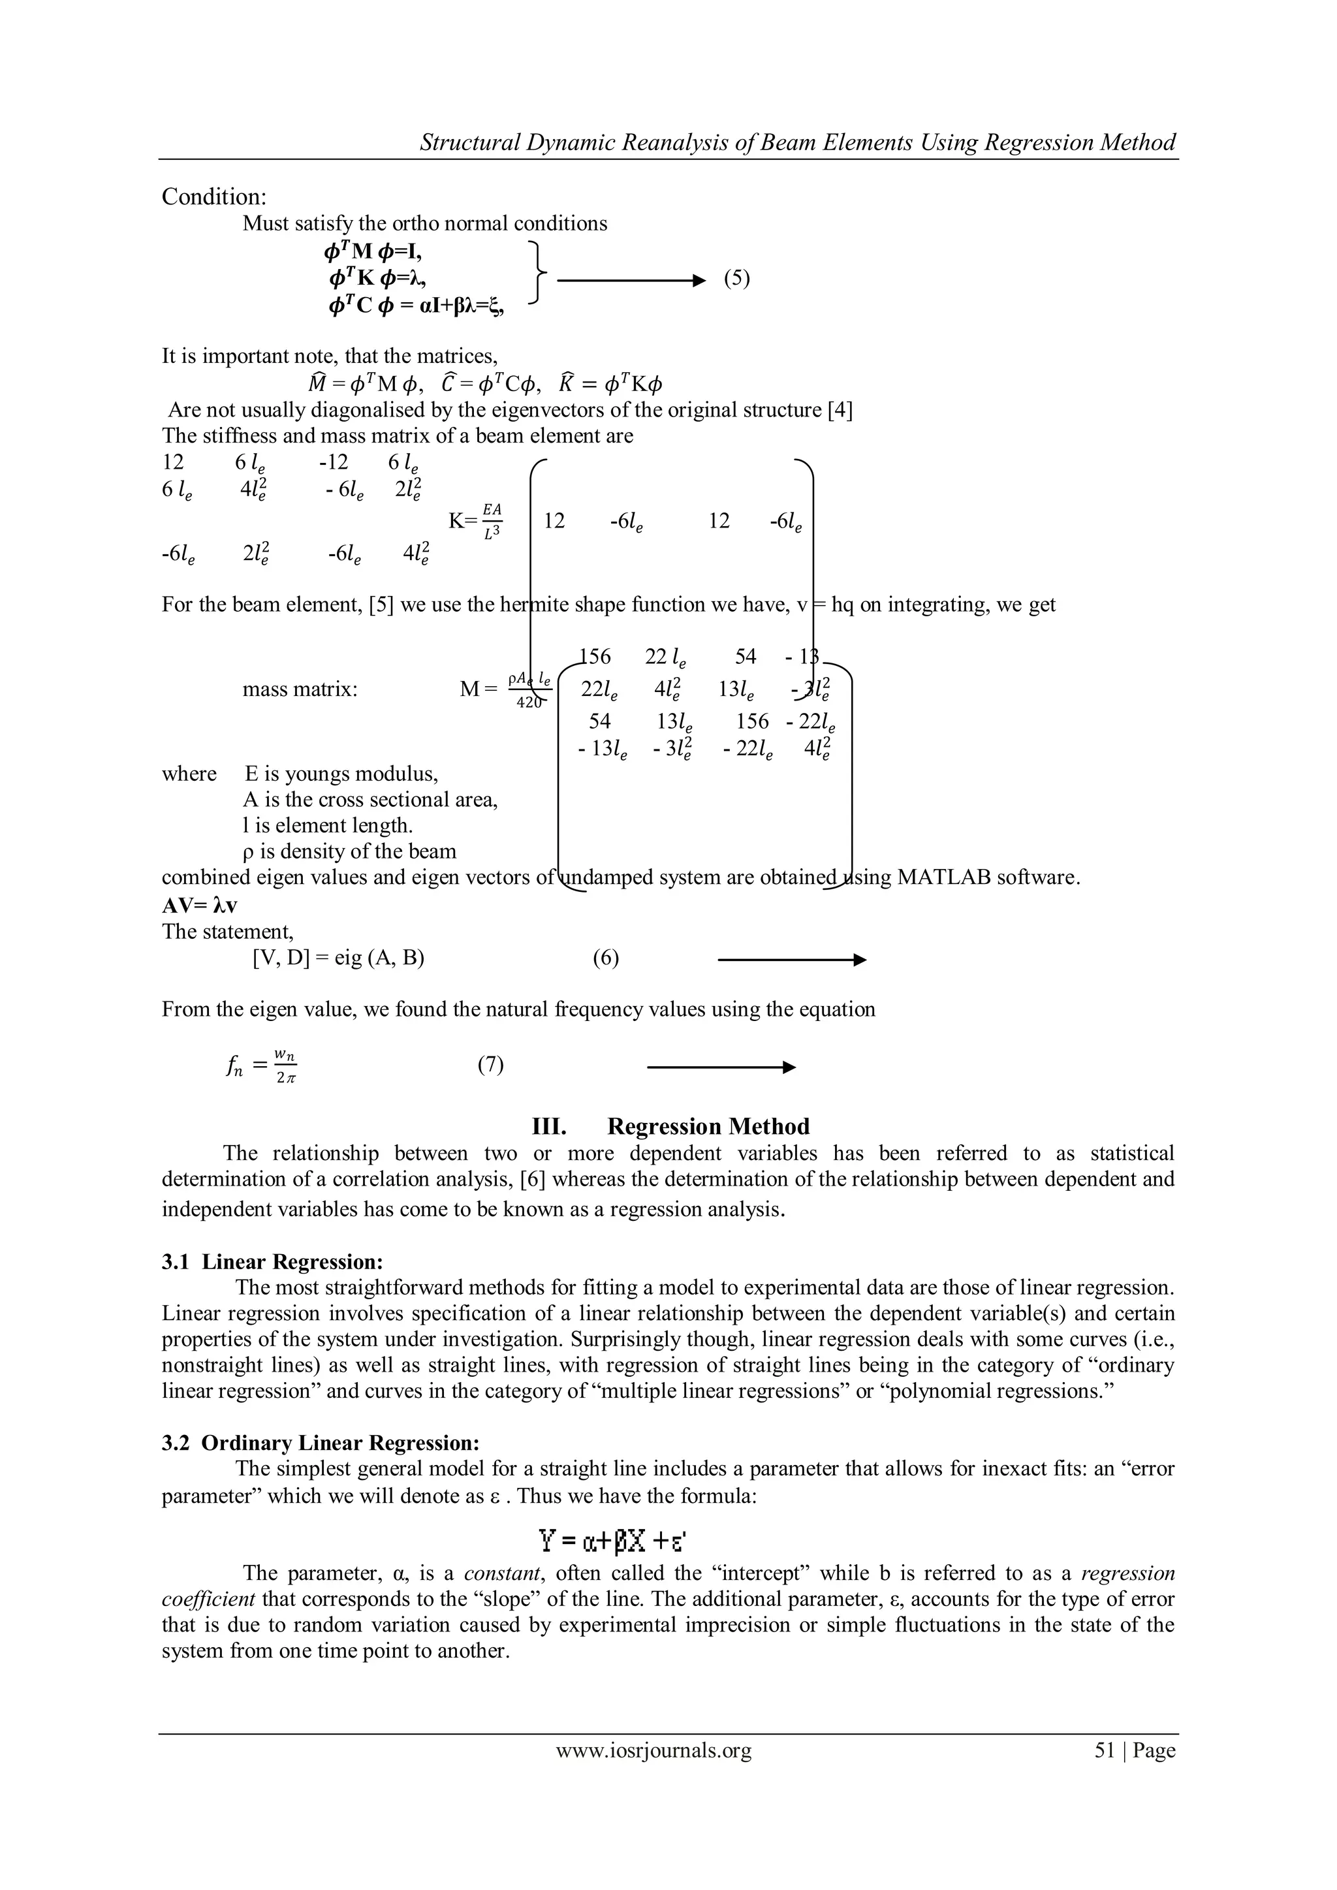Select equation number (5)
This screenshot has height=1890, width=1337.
pyautogui.click(x=737, y=278)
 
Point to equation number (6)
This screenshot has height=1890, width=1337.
pyautogui.click(x=606, y=958)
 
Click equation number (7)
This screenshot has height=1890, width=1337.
pyautogui.click(x=491, y=1065)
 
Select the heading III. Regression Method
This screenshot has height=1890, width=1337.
pyautogui.click(x=672, y=1126)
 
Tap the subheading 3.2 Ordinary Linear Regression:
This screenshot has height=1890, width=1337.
pyautogui.click(x=321, y=1443)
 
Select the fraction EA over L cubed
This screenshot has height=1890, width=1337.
pyautogui.click(x=492, y=521)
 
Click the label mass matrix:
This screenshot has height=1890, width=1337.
pyautogui.click(x=300, y=689)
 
